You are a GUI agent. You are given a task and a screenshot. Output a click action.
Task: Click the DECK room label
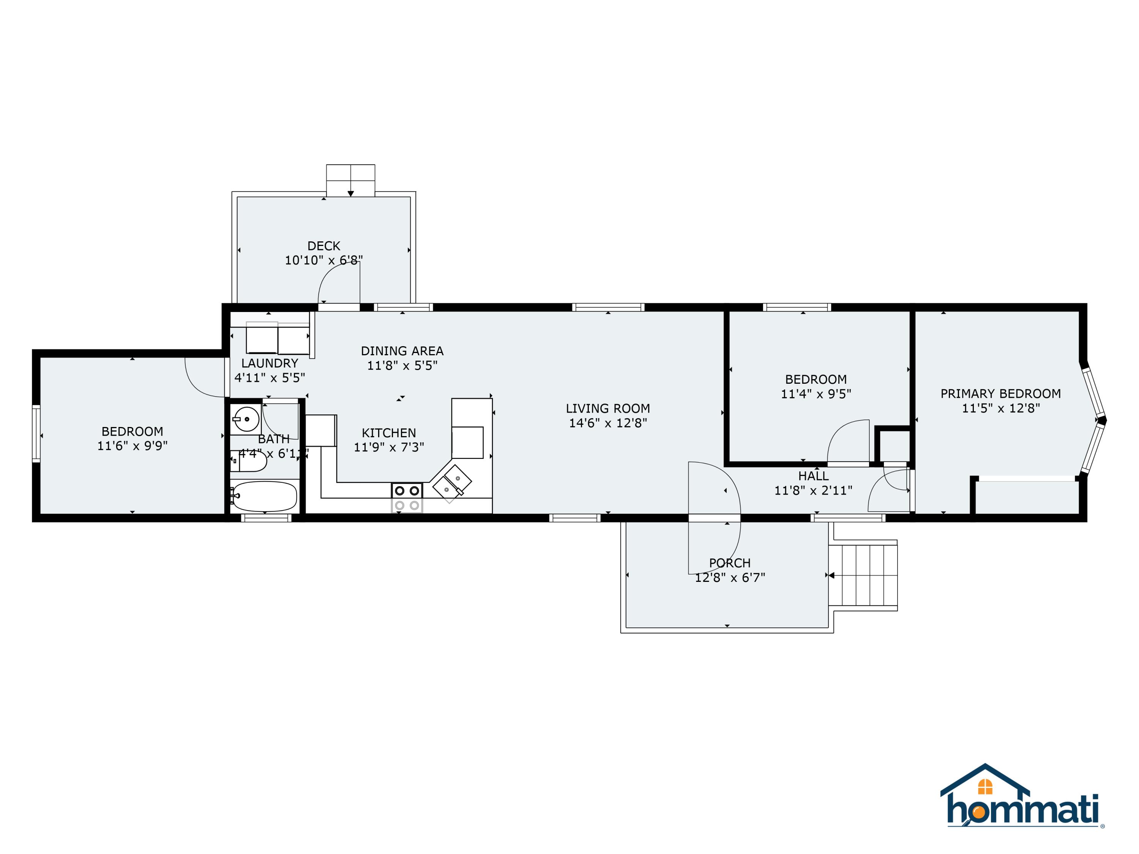(x=323, y=246)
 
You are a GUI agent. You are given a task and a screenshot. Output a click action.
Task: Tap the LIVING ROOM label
(x=607, y=409)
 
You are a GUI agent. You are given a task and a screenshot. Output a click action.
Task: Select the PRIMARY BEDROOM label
(x=1000, y=394)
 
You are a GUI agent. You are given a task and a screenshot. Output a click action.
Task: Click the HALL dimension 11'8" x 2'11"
(x=813, y=490)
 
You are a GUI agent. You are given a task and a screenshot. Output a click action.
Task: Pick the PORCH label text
(x=730, y=563)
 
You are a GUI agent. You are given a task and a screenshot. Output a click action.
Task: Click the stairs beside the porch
(x=863, y=575)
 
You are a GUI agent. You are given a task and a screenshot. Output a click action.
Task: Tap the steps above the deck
(x=351, y=180)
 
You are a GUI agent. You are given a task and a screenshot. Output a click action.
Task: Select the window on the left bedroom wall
(x=36, y=433)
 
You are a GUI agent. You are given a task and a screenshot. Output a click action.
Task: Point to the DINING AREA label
(x=402, y=351)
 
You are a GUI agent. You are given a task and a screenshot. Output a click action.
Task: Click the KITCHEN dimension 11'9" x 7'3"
(x=389, y=447)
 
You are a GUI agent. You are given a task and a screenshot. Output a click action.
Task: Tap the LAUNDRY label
(x=270, y=364)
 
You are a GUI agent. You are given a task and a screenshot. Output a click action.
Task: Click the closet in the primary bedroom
(x=1028, y=497)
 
